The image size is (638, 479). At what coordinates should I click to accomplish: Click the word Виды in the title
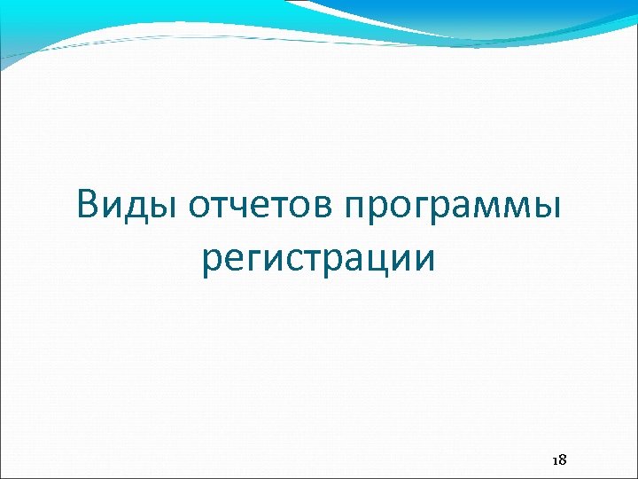127,205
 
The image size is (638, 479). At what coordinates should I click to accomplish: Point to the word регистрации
318,261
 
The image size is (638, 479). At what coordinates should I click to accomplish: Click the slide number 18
559,460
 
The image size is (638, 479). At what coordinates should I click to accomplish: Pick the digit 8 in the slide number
563,460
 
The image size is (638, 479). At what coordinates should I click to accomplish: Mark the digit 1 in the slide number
555,460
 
